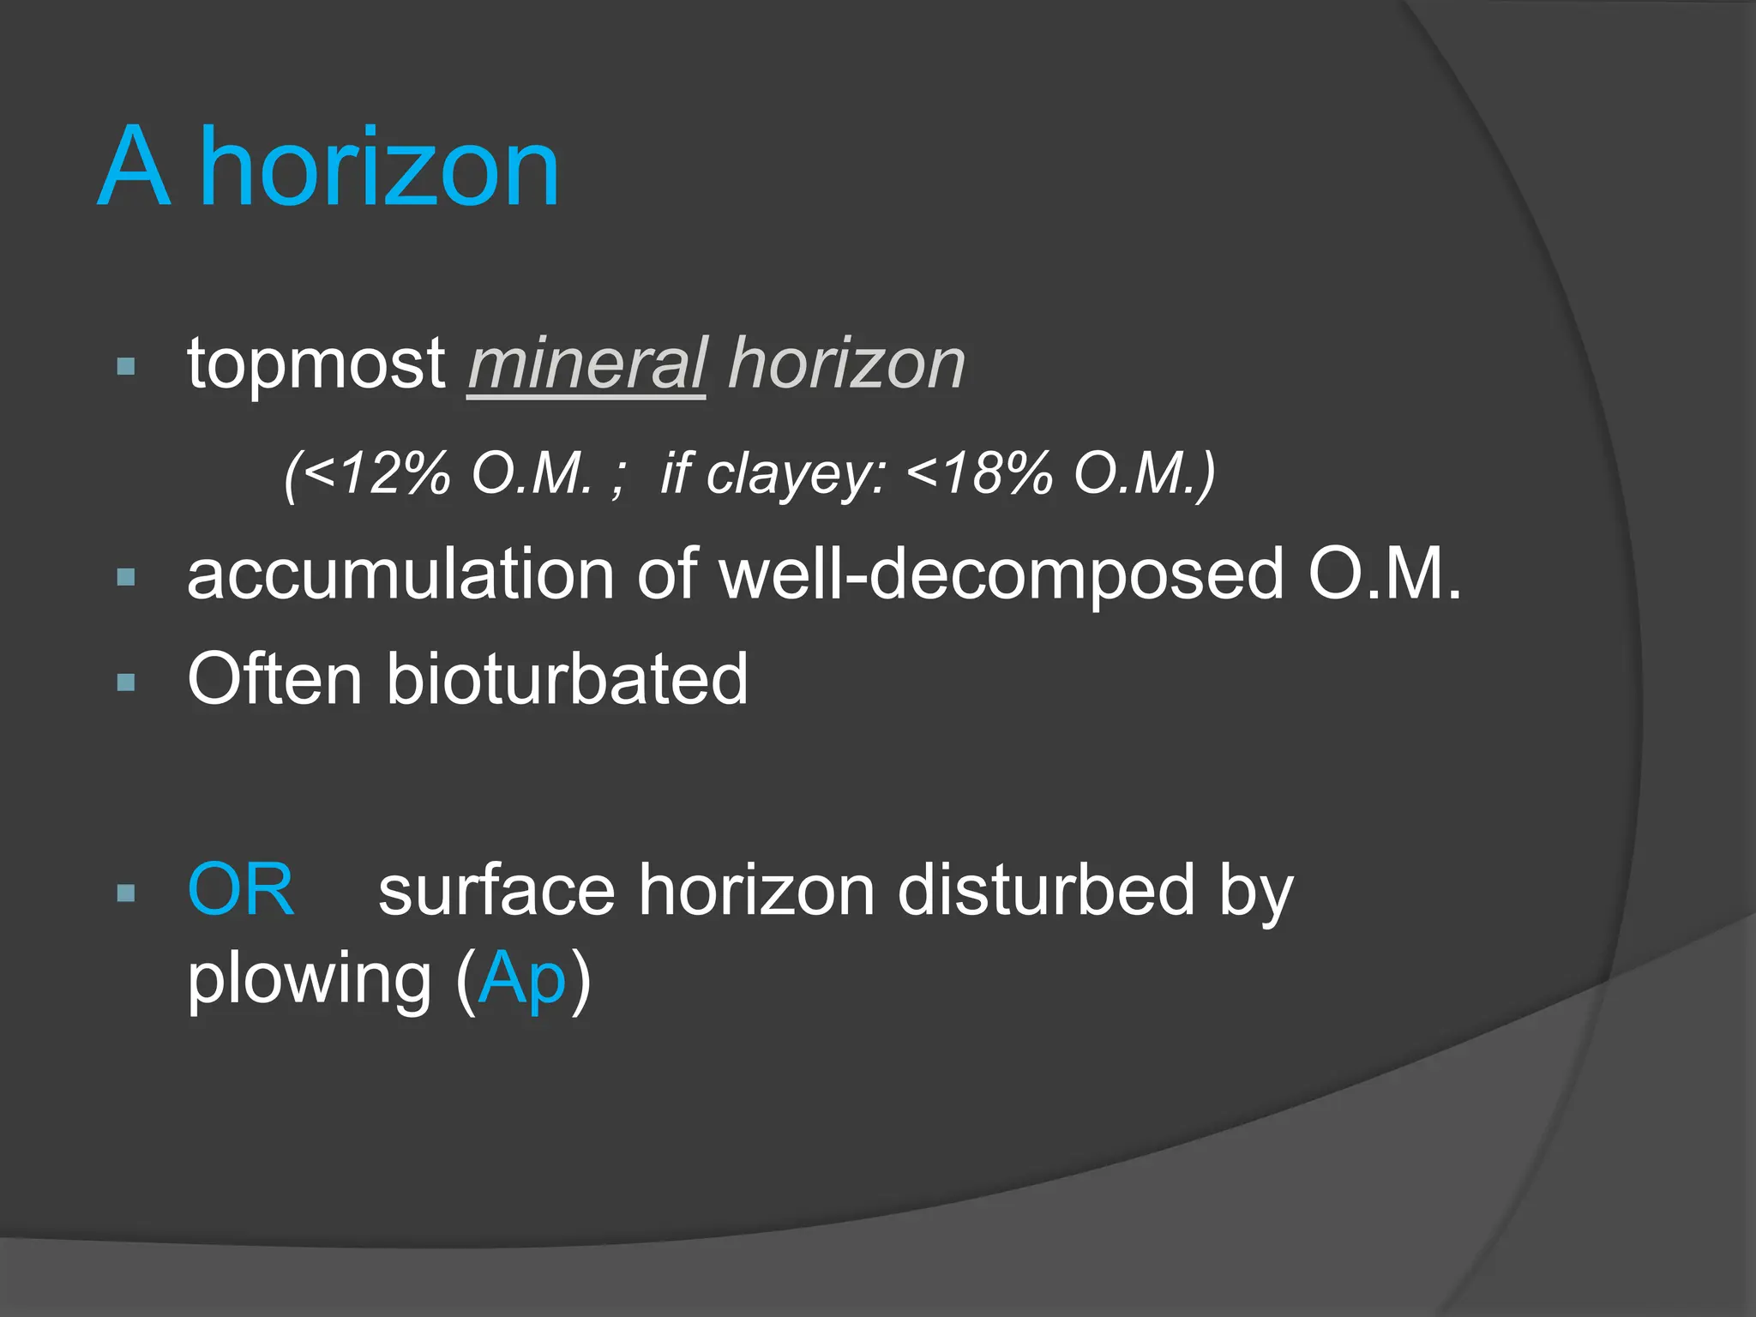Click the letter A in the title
(134, 167)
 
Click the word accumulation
(400, 574)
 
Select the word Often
(274, 679)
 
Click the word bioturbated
(567, 679)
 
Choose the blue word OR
(241, 890)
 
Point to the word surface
(496, 890)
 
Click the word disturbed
(1045, 890)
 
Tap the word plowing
(310, 980)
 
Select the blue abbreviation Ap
(522, 980)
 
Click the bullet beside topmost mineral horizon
(126, 368)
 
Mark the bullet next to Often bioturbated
(126, 683)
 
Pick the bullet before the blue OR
(126, 893)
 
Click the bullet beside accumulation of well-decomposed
(126, 578)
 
